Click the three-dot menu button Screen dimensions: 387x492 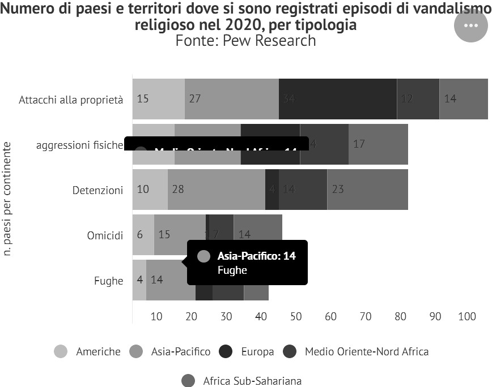[471, 25]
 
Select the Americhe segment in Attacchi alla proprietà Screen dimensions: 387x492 [158, 98]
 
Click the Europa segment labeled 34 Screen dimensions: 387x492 [337, 98]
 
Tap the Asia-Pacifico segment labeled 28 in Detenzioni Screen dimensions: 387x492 [216, 190]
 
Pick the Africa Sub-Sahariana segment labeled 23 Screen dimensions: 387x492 [367, 190]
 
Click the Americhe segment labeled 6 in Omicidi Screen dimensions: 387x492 [143, 234]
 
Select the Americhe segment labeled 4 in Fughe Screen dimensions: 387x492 [139, 279]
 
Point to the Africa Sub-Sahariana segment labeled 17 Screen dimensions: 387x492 [378, 144]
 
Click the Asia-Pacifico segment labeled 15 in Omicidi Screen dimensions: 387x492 [180, 234]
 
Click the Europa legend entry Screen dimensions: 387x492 [247, 351]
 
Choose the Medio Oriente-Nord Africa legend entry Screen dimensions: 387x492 [356, 351]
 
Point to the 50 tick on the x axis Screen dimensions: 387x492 [296, 316]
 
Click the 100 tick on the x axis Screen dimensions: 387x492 [467, 316]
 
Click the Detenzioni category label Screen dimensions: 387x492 [97, 190]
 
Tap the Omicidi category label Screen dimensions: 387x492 [105, 235]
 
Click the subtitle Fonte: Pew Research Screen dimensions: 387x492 [245, 41]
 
